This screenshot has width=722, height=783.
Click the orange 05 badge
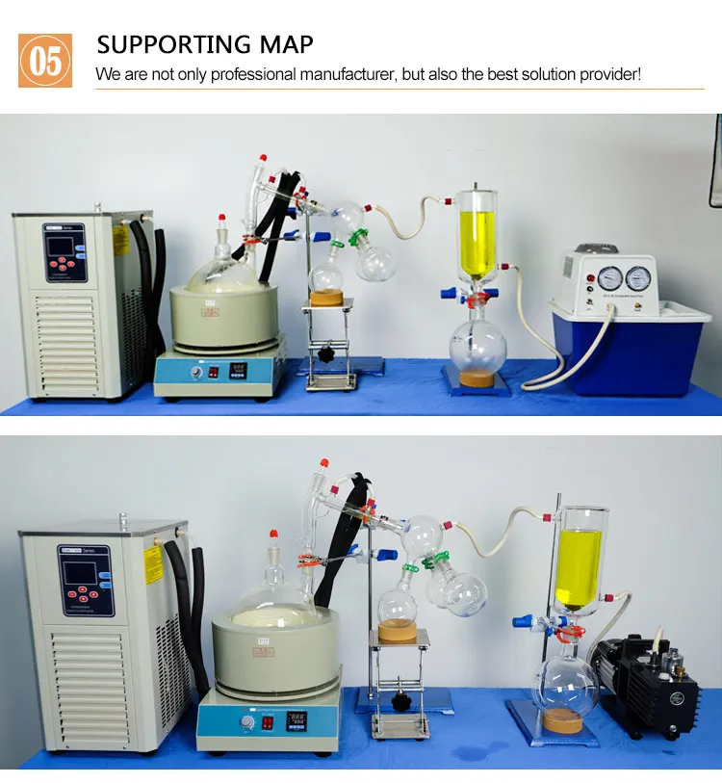(45, 60)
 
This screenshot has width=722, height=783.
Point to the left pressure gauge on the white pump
(608, 278)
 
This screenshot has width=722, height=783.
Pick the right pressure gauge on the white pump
(638, 278)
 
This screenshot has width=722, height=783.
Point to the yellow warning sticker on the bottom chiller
(152, 563)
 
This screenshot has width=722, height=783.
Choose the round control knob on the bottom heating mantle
(247, 720)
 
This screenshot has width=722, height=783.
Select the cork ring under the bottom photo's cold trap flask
(564, 719)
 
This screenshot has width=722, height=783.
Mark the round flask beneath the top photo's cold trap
(478, 342)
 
